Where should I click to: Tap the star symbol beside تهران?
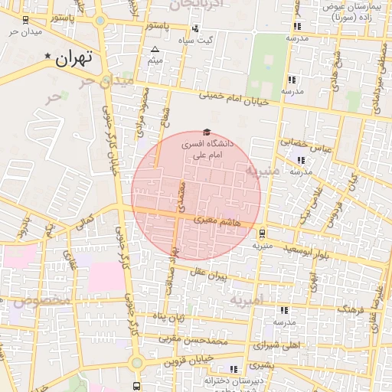coord(49,56)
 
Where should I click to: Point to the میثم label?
coord(155,60)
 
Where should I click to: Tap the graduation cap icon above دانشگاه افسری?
coord(205,132)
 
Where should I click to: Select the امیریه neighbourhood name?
coord(246,301)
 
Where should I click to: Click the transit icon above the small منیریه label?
coord(263,233)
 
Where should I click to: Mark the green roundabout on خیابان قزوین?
coord(136,362)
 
